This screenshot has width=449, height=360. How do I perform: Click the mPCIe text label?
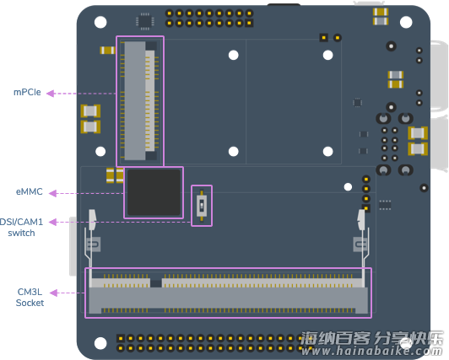point(27,93)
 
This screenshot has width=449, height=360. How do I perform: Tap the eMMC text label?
point(30,191)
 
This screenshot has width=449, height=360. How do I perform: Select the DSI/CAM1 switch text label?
point(21,228)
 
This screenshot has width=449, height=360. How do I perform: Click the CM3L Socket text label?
point(30,298)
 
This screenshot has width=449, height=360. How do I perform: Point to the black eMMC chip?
point(154,192)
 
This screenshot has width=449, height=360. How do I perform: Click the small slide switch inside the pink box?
point(202,206)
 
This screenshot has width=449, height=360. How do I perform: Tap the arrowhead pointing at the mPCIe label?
point(51,94)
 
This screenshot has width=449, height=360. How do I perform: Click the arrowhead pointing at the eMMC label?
point(52,194)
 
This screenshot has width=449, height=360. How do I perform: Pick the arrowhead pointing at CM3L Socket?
point(53,293)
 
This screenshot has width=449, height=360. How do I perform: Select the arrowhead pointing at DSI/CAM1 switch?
point(52,223)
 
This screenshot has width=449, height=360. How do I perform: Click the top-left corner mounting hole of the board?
point(100,22)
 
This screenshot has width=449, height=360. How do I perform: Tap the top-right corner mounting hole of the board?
point(406,22)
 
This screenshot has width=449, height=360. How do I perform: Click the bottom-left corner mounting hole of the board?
point(100,343)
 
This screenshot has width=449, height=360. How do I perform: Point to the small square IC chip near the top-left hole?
point(145,21)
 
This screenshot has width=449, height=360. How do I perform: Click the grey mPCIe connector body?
point(135,100)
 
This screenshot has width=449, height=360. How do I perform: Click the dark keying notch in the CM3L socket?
point(156,283)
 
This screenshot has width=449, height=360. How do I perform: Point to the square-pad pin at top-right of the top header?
point(250,23)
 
